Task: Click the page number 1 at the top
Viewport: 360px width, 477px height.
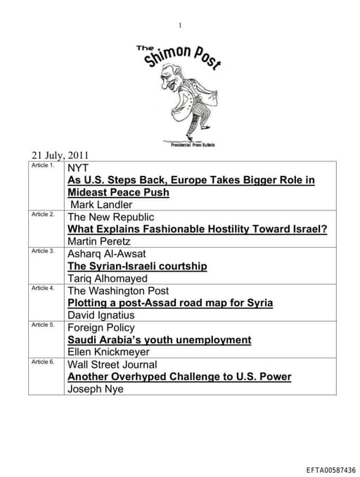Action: (x=180, y=25)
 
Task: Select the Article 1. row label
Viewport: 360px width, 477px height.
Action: (x=43, y=165)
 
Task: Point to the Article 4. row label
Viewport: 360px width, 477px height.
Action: (x=43, y=288)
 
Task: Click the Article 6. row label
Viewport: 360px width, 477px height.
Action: (x=43, y=362)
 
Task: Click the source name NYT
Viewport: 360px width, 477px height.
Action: (x=78, y=168)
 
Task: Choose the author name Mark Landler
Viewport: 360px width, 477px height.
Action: (x=100, y=205)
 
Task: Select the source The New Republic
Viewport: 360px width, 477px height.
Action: (x=110, y=217)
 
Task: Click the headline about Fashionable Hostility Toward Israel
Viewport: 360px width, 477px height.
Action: (x=198, y=229)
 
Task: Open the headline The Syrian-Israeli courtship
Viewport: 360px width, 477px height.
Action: (x=137, y=266)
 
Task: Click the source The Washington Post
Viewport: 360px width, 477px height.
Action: (x=117, y=291)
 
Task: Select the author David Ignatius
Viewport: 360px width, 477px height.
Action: (x=101, y=315)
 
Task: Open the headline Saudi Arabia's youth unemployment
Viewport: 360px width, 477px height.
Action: (x=159, y=340)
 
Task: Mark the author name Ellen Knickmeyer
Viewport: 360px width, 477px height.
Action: (x=108, y=352)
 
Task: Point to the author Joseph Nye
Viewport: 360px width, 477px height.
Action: (x=95, y=388)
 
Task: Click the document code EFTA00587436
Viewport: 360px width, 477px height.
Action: (x=331, y=470)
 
